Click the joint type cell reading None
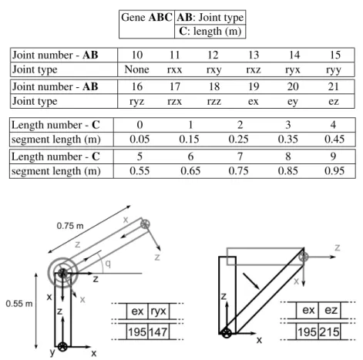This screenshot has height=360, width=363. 136,69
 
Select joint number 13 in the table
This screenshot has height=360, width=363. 254,55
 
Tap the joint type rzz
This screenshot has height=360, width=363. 214,101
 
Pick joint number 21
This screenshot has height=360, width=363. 334,86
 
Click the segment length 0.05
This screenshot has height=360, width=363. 139,140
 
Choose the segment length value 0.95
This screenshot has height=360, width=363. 334,171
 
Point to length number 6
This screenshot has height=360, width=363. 190,156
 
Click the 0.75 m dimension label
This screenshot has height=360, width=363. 70,226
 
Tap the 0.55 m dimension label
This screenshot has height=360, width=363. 19,304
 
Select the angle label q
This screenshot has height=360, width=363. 108,264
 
